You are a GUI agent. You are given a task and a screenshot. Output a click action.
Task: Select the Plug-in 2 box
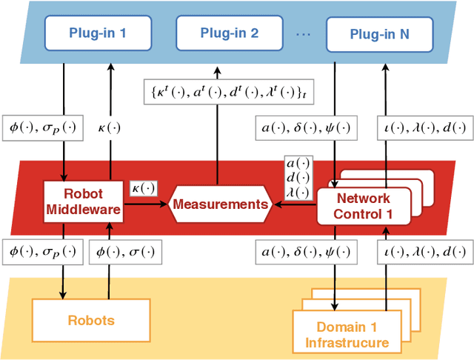(230, 33)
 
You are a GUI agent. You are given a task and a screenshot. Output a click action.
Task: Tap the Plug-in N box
(378, 33)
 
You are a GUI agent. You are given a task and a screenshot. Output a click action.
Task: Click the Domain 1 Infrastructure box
(347, 334)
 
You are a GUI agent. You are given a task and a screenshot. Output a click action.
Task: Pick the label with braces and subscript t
(217, 92)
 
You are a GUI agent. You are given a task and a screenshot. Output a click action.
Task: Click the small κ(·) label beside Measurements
(144, 189)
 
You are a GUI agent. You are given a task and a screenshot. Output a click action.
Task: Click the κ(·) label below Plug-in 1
(112, 127)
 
